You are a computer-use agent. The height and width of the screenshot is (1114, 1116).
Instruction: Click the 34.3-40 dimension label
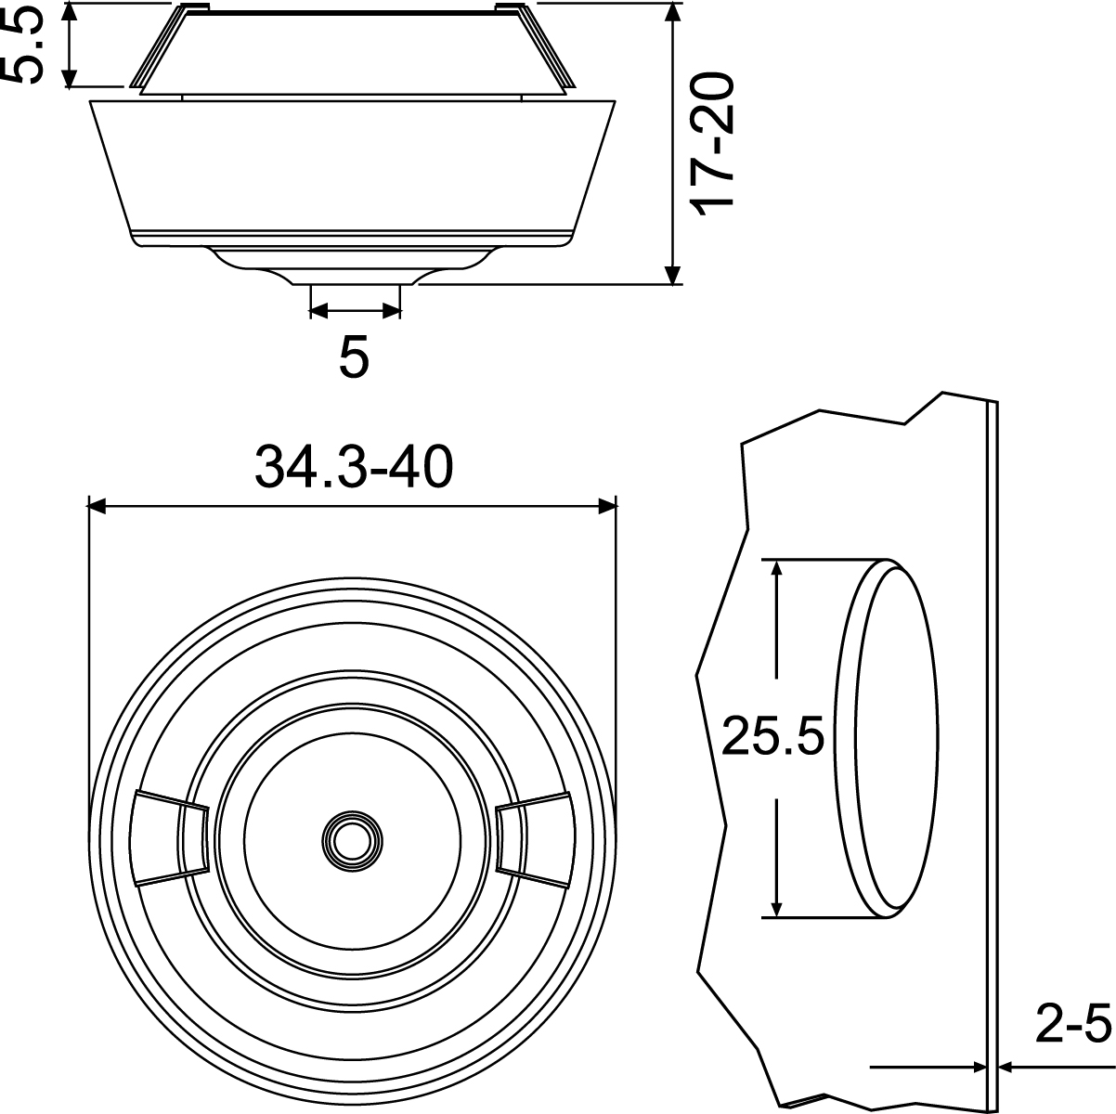pos(354,468)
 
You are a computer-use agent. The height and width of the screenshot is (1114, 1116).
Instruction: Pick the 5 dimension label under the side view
pos(354,356)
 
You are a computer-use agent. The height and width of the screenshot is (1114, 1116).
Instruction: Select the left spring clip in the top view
pos(170,837)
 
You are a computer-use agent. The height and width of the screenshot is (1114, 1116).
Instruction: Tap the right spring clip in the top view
pos(532,837)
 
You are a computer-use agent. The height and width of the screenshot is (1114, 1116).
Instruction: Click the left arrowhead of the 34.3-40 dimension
pos(96,506)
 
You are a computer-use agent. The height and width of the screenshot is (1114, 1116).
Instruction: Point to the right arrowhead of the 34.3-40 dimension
pos(608,506)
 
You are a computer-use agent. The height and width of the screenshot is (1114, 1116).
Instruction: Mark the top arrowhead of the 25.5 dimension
pos(778,568)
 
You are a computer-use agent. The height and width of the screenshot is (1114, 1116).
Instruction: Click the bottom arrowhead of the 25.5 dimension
pos(778,909)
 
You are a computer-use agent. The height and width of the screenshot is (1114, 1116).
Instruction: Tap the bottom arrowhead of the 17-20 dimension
pos(673,275)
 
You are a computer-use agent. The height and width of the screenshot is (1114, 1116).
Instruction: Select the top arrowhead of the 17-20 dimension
pos(673,11)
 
